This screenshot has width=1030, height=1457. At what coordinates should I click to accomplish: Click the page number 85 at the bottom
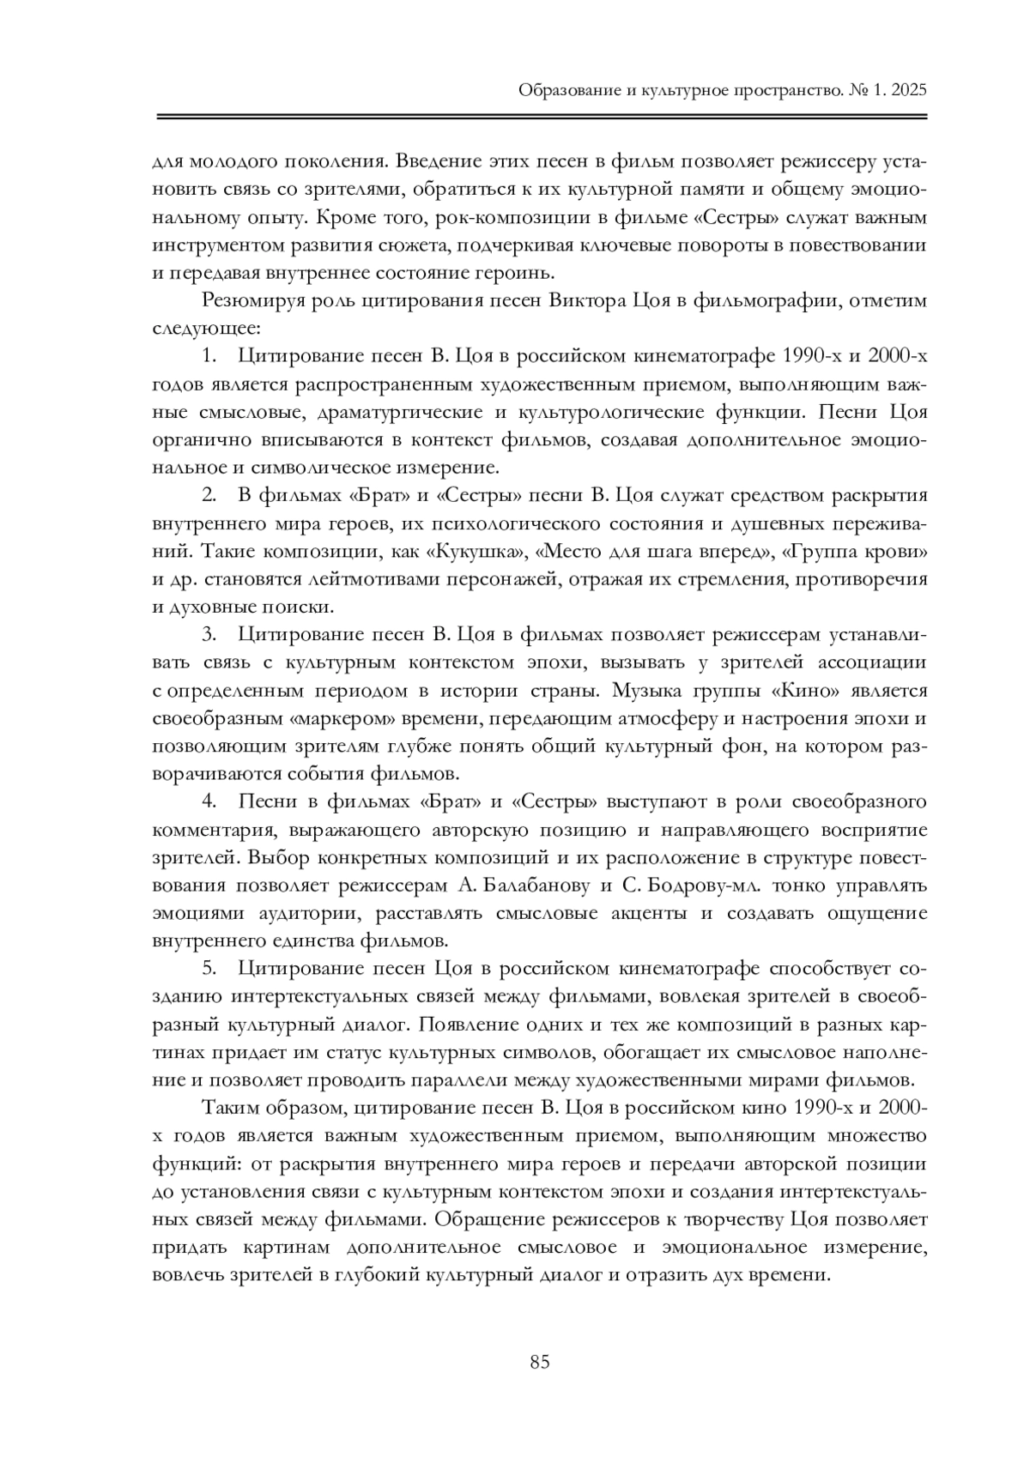point(540,1362)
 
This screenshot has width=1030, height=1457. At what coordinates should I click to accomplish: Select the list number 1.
point(209,356)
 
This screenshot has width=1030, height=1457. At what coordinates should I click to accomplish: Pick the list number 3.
point(209,635)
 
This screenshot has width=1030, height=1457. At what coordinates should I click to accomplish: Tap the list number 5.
point(209,970)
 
